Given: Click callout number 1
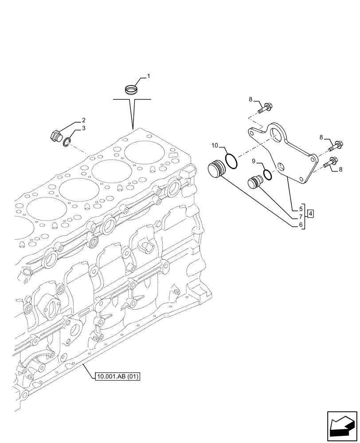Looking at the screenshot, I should point(149,76).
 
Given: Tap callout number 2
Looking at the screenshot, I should point(83,120).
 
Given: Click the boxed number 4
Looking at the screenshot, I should point(311,214).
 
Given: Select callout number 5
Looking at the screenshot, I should point(301,208).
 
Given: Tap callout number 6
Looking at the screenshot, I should point(301,225).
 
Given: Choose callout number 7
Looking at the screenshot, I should point(301,217).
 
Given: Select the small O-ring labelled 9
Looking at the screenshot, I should point(267,175).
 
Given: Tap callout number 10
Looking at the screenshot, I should point(215,145).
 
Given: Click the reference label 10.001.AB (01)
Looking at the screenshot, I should point(117,377).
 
